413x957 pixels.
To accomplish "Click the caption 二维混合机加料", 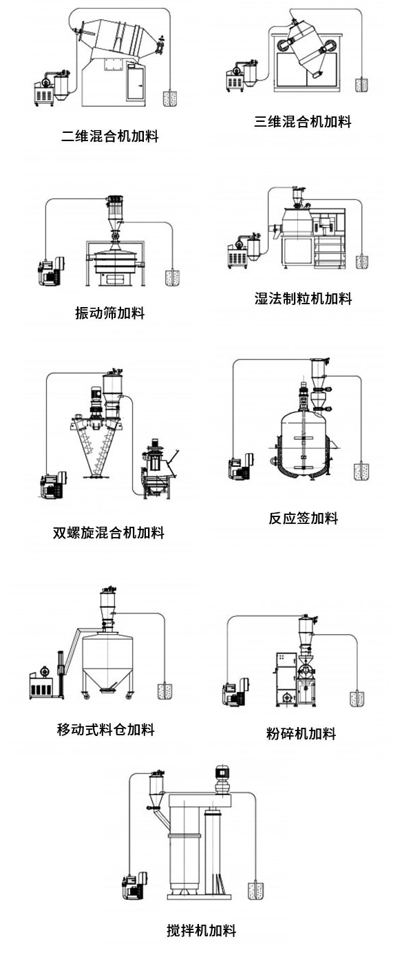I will click(x=110, y=136).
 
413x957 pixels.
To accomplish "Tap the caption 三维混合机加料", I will click(x=303, y=122).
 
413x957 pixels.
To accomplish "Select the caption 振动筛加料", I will click(x=110, y=313).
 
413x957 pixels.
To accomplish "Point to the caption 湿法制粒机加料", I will click(x=303, y=299).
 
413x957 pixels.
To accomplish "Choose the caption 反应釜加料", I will click(x=304, y=518).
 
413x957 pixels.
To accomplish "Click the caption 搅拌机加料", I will click(x=202, y=931).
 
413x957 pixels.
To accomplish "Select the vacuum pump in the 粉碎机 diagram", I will click(x=234, y=692).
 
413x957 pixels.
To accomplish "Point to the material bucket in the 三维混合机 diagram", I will click(x=362, y=85).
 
